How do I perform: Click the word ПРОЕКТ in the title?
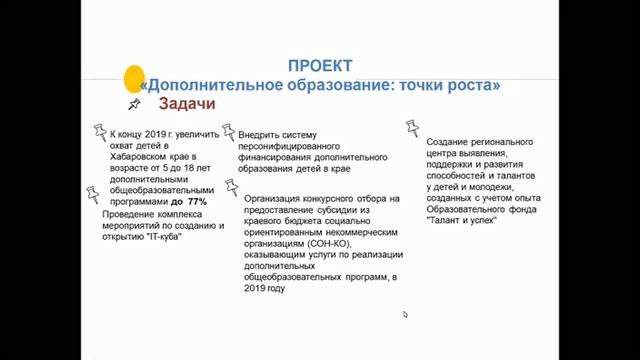319,66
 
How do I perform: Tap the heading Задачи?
181,104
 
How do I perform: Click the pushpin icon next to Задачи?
134,103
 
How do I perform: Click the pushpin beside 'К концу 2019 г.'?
99,131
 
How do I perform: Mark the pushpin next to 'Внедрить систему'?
228,130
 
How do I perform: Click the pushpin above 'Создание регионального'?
412,128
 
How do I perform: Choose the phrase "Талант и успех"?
460,221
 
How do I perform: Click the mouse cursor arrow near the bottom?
405,314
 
